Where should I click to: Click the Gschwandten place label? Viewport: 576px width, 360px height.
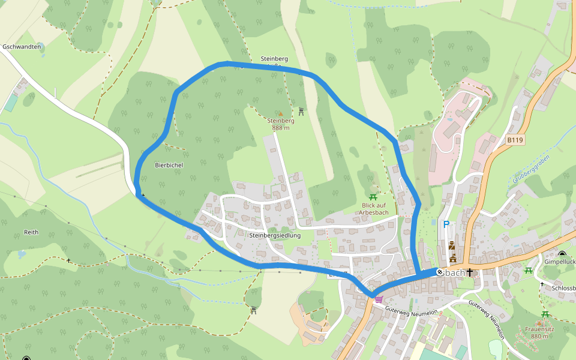pyautogui.click(x=22, y=47)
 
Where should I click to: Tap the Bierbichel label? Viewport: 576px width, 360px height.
pyautogui.click(x=169, y=164)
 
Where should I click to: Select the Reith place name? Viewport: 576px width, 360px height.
pyautogui.click(x=31, y=232)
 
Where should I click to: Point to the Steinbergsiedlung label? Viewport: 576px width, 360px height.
pyautogui.click(x=274, y=236)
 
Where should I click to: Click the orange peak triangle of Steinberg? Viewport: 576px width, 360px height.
pyautogui.click(x=280, y=113)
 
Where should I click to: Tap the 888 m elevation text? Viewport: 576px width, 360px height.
pyautogui.click(x=280, y=128)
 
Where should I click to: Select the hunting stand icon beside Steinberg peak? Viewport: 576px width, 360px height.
pyautogui.click(x=301, y=111)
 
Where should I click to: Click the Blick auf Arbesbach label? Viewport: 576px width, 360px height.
pyautogui.click(x=374, y=209)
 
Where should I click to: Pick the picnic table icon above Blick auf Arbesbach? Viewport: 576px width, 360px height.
pyautogui.click(x=373, y=197)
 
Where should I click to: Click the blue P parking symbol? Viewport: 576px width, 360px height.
pyautogui.click(x=446, y=224)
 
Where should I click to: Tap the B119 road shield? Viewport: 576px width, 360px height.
pyautogui.click(x=515, y=140)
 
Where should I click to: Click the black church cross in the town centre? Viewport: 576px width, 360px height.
pyautogui.click(x=470, y=273)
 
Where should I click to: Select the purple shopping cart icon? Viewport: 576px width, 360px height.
pyautogui.click(x=379, y=298)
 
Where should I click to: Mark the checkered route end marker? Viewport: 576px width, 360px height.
pyautogui.click(x=440, y=272)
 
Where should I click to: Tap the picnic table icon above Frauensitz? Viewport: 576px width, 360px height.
pyautogui.click(x=545, y=314)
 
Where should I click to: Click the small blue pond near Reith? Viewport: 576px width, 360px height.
pyautogui.click(x=22, y=254)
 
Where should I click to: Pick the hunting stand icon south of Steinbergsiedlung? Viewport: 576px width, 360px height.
pyautogui.click(x=254, y=310)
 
